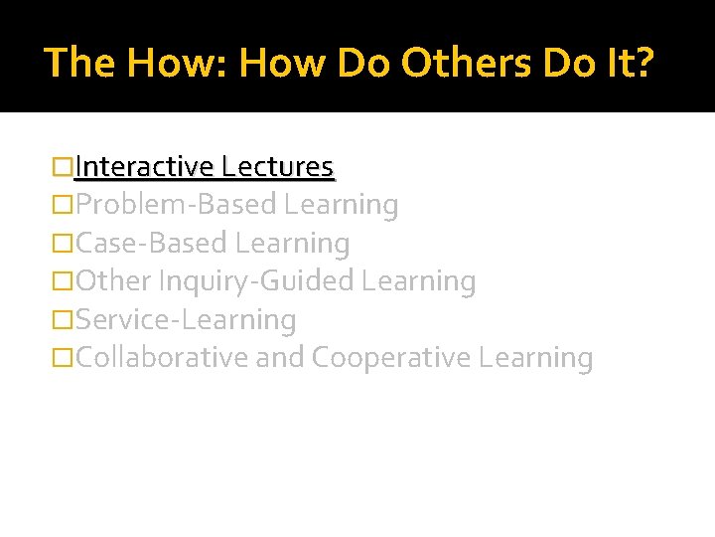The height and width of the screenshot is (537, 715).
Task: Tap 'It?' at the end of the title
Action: pyautogui.click(x=629, y=64)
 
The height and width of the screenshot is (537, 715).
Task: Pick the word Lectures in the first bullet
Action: pyautogui.click(x=278, y=167)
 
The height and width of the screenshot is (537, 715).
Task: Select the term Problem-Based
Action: pyautogui.click(x=176, y=205)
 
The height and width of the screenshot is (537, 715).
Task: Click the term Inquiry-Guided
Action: pyautogui.click(x=256, y=281)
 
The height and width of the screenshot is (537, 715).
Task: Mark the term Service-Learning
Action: pyautogui.click(x=186, y=319)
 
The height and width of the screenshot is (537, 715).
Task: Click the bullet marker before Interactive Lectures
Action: pyautogui.click(x=63, y=167)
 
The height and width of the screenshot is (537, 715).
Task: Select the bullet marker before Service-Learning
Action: pyautogui.click(x=63, y=319)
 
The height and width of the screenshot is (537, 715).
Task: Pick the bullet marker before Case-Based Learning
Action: pyautogui.click(x=63, y=243)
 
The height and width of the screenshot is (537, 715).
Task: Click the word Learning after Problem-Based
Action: pyautogui.click(x=341, y=205)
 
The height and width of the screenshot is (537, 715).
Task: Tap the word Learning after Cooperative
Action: pyautogui.click(x=535, y=357)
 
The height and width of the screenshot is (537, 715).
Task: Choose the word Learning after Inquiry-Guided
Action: pyautogui.click(x=419, y=281)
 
